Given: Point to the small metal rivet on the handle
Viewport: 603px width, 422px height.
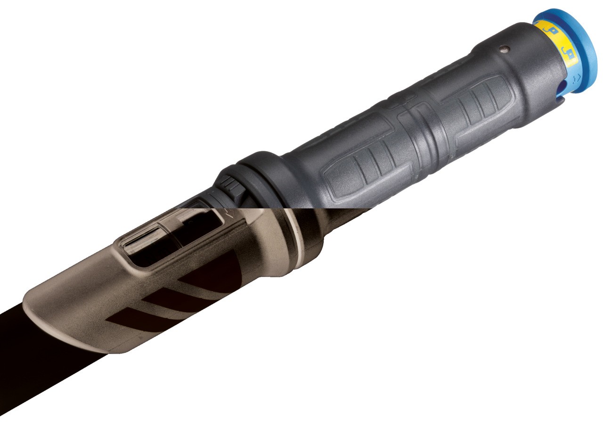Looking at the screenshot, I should pos(505,48).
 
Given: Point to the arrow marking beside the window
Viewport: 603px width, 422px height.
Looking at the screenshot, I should pos(229,213).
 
